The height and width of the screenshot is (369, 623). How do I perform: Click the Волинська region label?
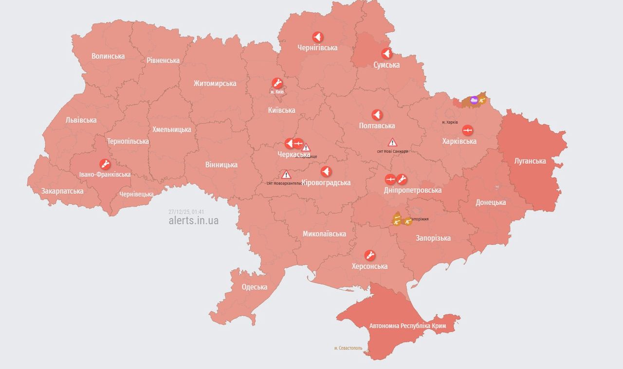click(x=108, y=56)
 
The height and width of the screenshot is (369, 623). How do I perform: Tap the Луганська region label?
click(x=530, y=161)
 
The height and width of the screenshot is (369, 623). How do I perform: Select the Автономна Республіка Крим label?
click(x=408, y=326)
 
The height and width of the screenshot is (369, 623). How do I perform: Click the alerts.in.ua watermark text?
click(x=193, y=221)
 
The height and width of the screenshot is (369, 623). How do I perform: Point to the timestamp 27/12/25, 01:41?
click(x=186, y=212)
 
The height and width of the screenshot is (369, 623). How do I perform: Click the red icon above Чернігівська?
click(x=317, y=37)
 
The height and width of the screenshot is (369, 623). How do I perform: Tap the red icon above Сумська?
click(x=386, y=54)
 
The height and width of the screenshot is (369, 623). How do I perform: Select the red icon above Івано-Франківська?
click(x=105, y=164)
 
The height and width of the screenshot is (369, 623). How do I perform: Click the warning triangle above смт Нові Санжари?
click(x=392, y=142)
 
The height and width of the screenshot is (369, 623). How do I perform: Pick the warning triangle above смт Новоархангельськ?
click(x=286, y=175)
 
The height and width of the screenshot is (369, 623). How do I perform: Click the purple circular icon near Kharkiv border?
click(x=474, y=100)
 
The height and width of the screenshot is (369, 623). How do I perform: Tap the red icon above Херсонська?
click(x=370, y=255)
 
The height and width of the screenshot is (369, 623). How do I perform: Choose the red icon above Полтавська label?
click(x=377, y=115)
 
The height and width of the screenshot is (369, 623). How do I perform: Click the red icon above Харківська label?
click(x=467, y=130)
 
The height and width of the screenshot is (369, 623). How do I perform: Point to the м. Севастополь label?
click(x=348, y=348)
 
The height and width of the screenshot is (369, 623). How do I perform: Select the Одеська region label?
click(x=255, y=287)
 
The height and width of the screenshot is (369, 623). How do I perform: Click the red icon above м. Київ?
click(x=277, y=82)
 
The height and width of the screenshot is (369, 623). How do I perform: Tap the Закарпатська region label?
click(x=62, y=191)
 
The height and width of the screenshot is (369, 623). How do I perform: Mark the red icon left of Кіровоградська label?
click(x=326, y=172)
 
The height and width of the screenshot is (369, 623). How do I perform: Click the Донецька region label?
click(x=491, y=202)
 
